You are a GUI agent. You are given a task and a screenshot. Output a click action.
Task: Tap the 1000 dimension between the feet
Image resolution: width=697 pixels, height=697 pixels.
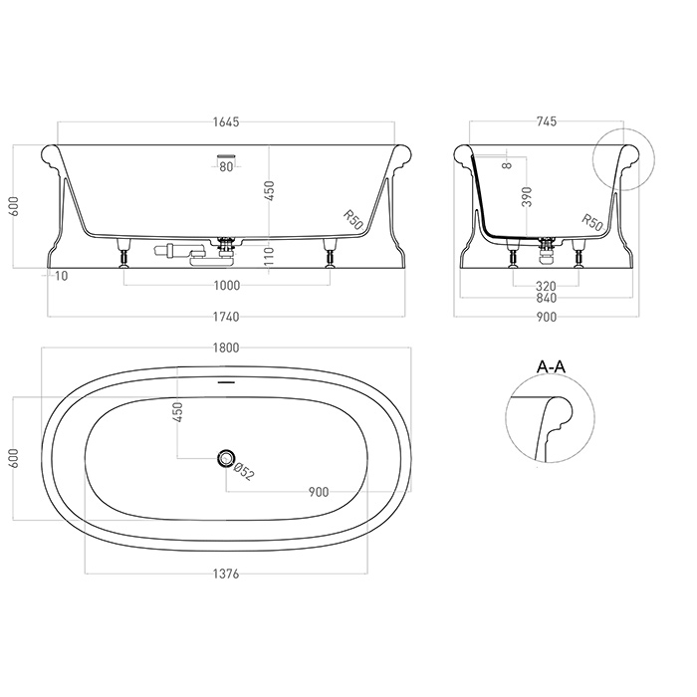point(227,287)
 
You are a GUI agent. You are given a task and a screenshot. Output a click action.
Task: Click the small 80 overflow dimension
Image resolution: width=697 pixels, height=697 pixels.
point(226,167)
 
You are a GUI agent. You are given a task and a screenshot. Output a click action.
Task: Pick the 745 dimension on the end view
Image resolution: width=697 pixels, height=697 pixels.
point(546,121)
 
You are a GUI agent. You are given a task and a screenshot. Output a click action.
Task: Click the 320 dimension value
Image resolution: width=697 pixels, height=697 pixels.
point(546,287)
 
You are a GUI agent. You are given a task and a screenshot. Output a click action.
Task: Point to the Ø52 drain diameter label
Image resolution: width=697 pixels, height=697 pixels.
point(245,472)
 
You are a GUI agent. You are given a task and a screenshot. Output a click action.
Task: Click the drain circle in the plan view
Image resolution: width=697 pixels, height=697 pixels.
point(227,459)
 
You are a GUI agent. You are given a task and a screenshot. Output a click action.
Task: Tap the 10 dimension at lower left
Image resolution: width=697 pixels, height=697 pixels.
point(62,276)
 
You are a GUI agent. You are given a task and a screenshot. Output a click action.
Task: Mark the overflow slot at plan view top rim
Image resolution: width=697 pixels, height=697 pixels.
point(227,381)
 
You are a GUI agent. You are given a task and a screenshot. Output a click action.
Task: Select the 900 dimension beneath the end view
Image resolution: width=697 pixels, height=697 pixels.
point(546,318)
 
